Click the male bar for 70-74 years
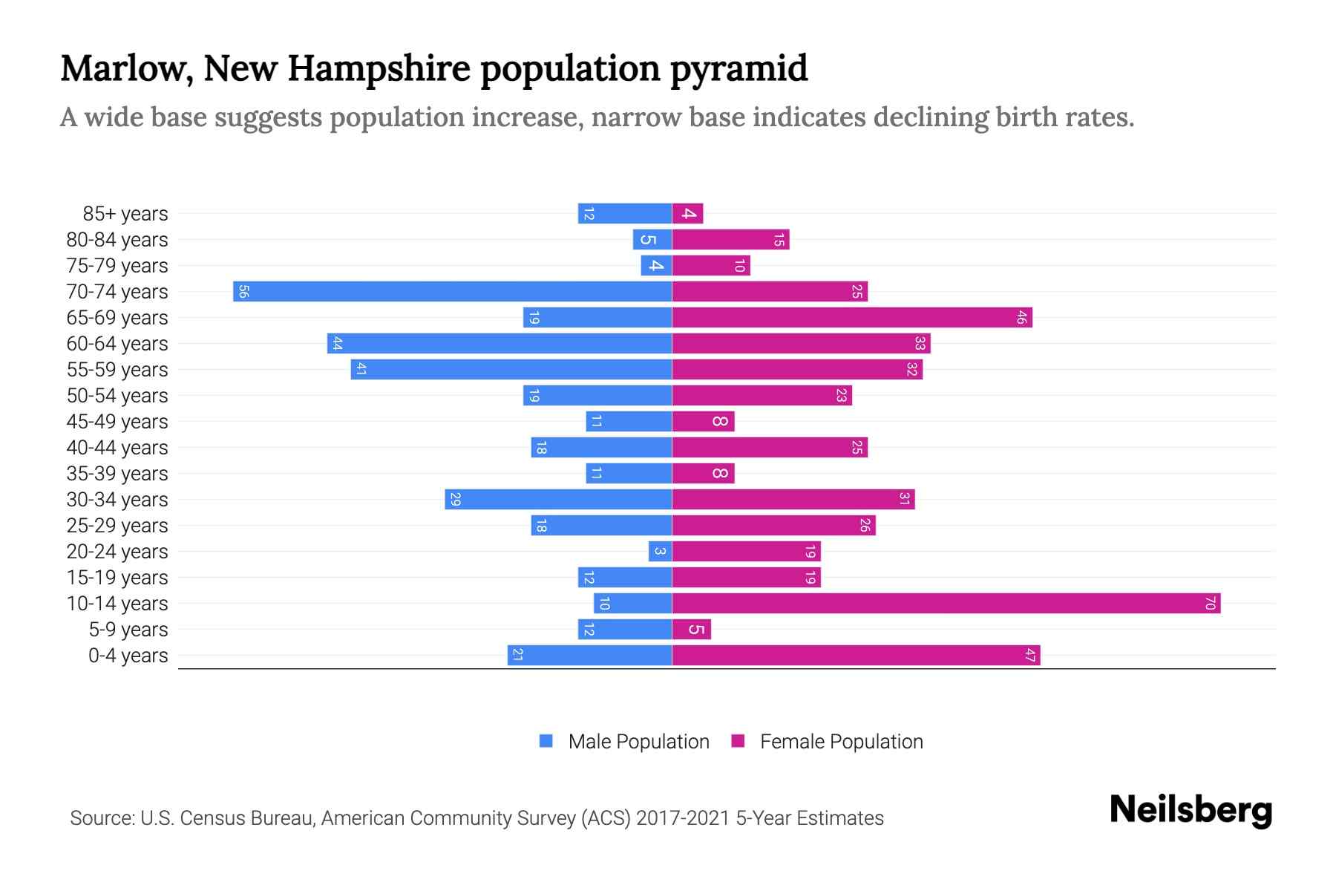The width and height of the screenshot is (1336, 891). coord(452,291)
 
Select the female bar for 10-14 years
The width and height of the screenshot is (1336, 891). coord(946,603)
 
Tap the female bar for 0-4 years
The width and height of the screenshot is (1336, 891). coord(856,655)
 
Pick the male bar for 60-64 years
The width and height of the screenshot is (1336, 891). coord(499,343)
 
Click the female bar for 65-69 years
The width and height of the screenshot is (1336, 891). coord(851,317)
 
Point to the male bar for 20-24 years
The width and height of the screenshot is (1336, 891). coord(660,551)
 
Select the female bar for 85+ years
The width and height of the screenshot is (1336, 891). coord(687,214)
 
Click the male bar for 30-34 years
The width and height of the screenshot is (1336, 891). coord(558,499)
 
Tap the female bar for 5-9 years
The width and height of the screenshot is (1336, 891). coord(691,629)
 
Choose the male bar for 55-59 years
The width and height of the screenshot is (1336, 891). coord(511,369)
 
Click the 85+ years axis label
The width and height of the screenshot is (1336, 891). coord(125,214)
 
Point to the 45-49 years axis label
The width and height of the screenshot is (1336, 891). coord(117,422)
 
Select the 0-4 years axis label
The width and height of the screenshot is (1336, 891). coord(128,656)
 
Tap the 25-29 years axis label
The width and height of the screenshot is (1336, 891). coord(117,526)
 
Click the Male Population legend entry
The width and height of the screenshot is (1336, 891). coord(624,741)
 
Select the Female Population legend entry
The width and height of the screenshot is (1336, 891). coord(827,741)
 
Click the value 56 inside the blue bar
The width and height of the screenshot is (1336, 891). coord(243,291)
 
